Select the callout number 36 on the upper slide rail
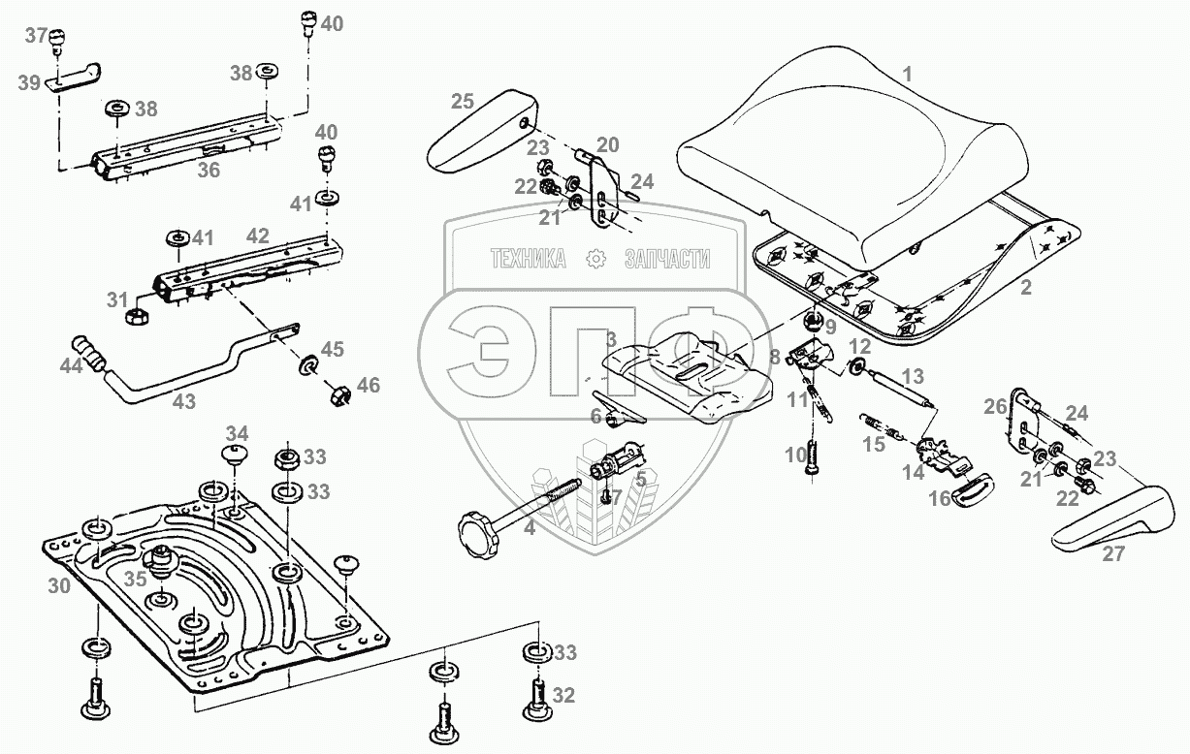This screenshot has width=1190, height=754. [209, 171]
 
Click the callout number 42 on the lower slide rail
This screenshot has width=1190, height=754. [257, 235]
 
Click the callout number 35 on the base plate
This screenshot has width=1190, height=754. [136, 580]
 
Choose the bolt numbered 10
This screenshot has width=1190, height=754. [812, 456]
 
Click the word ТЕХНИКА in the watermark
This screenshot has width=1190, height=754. [528, 259]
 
